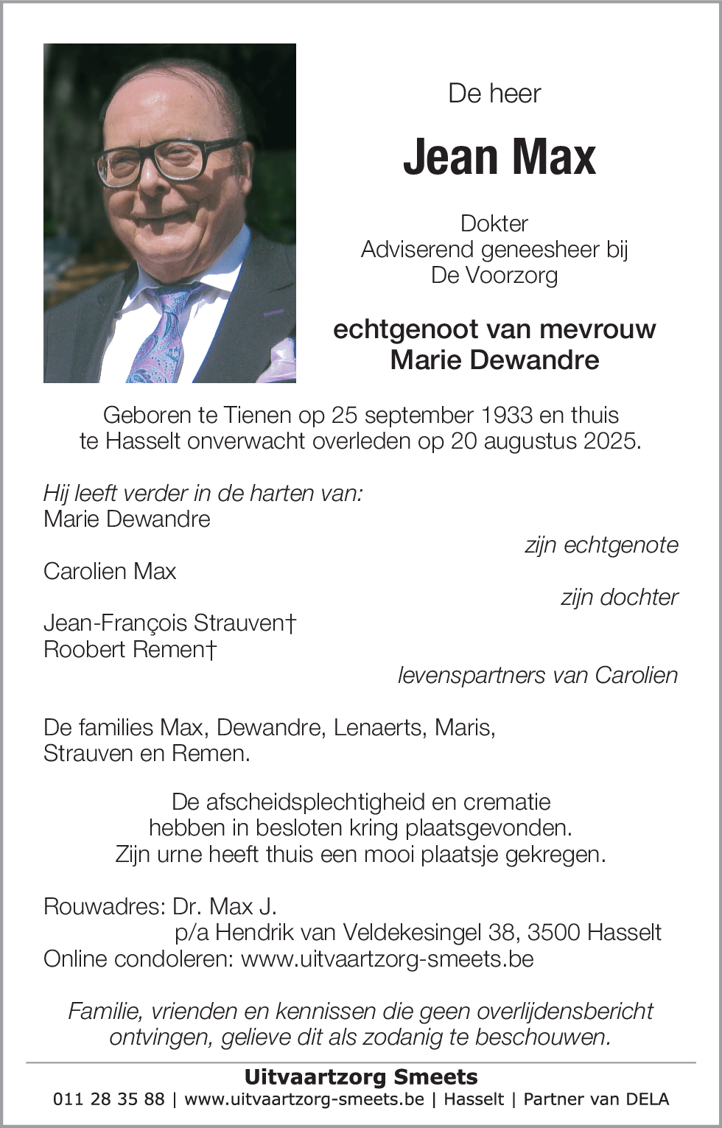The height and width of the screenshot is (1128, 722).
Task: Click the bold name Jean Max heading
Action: [x=499, y=157]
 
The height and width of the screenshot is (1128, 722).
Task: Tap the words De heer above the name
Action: [x=494, y=94]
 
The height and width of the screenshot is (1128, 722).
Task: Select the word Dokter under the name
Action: [x=494, y=223]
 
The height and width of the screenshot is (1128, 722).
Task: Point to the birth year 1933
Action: [x=506, y=415]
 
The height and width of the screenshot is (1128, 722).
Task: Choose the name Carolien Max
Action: [x=110, y=571]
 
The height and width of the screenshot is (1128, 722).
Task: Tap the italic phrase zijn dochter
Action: [x=619, y=597]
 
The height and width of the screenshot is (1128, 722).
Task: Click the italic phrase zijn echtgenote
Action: [x=601, y=545]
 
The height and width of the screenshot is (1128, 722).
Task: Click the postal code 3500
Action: [x=553, y=933]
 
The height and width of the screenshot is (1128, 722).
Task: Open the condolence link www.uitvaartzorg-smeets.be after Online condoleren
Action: [x=387, y=959]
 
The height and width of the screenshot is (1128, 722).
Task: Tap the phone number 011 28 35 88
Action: [x=109, y=1099]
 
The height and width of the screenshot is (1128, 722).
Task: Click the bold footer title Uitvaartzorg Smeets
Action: [x=361, y=1077]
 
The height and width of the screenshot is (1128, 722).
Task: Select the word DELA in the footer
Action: [x=646, y=1099]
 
